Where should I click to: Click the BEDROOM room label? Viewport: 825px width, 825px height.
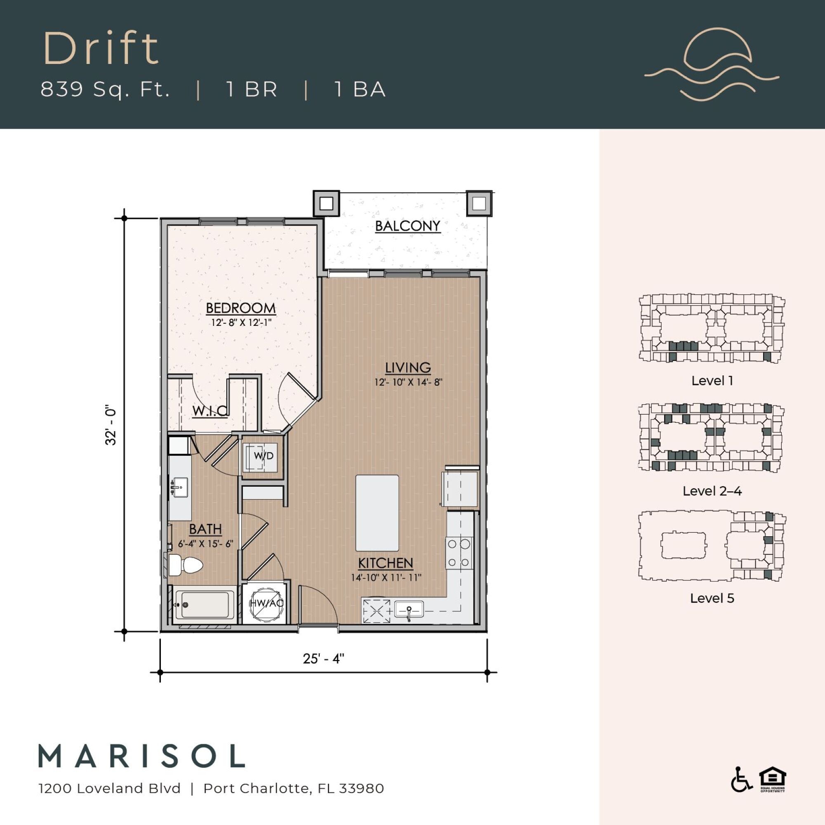[240, 308]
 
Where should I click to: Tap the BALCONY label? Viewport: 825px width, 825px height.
[408, 226]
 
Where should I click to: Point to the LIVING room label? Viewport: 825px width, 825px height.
[408, 368]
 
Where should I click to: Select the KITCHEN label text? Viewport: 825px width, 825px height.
[385, 563]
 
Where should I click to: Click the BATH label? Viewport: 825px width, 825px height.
[205, 529]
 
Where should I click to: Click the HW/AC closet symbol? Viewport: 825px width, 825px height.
[266, 603]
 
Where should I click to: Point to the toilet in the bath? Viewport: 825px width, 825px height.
[185, 566]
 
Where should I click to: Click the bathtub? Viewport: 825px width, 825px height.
[204, 605]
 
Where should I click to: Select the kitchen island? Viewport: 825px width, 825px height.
[377, 513]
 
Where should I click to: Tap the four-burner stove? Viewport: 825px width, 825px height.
[459, 553]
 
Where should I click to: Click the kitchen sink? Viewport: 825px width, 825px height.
[409, 609]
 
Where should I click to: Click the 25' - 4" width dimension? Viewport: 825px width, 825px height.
[323, 658]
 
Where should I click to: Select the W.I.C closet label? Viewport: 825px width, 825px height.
[210, 411]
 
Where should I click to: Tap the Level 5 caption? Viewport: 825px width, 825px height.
[712, 598]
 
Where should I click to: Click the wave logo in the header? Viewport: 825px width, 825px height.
[712, 64]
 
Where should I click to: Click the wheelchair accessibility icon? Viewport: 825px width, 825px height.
[741, 791]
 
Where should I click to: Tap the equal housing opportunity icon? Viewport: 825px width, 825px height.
[773, 791]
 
